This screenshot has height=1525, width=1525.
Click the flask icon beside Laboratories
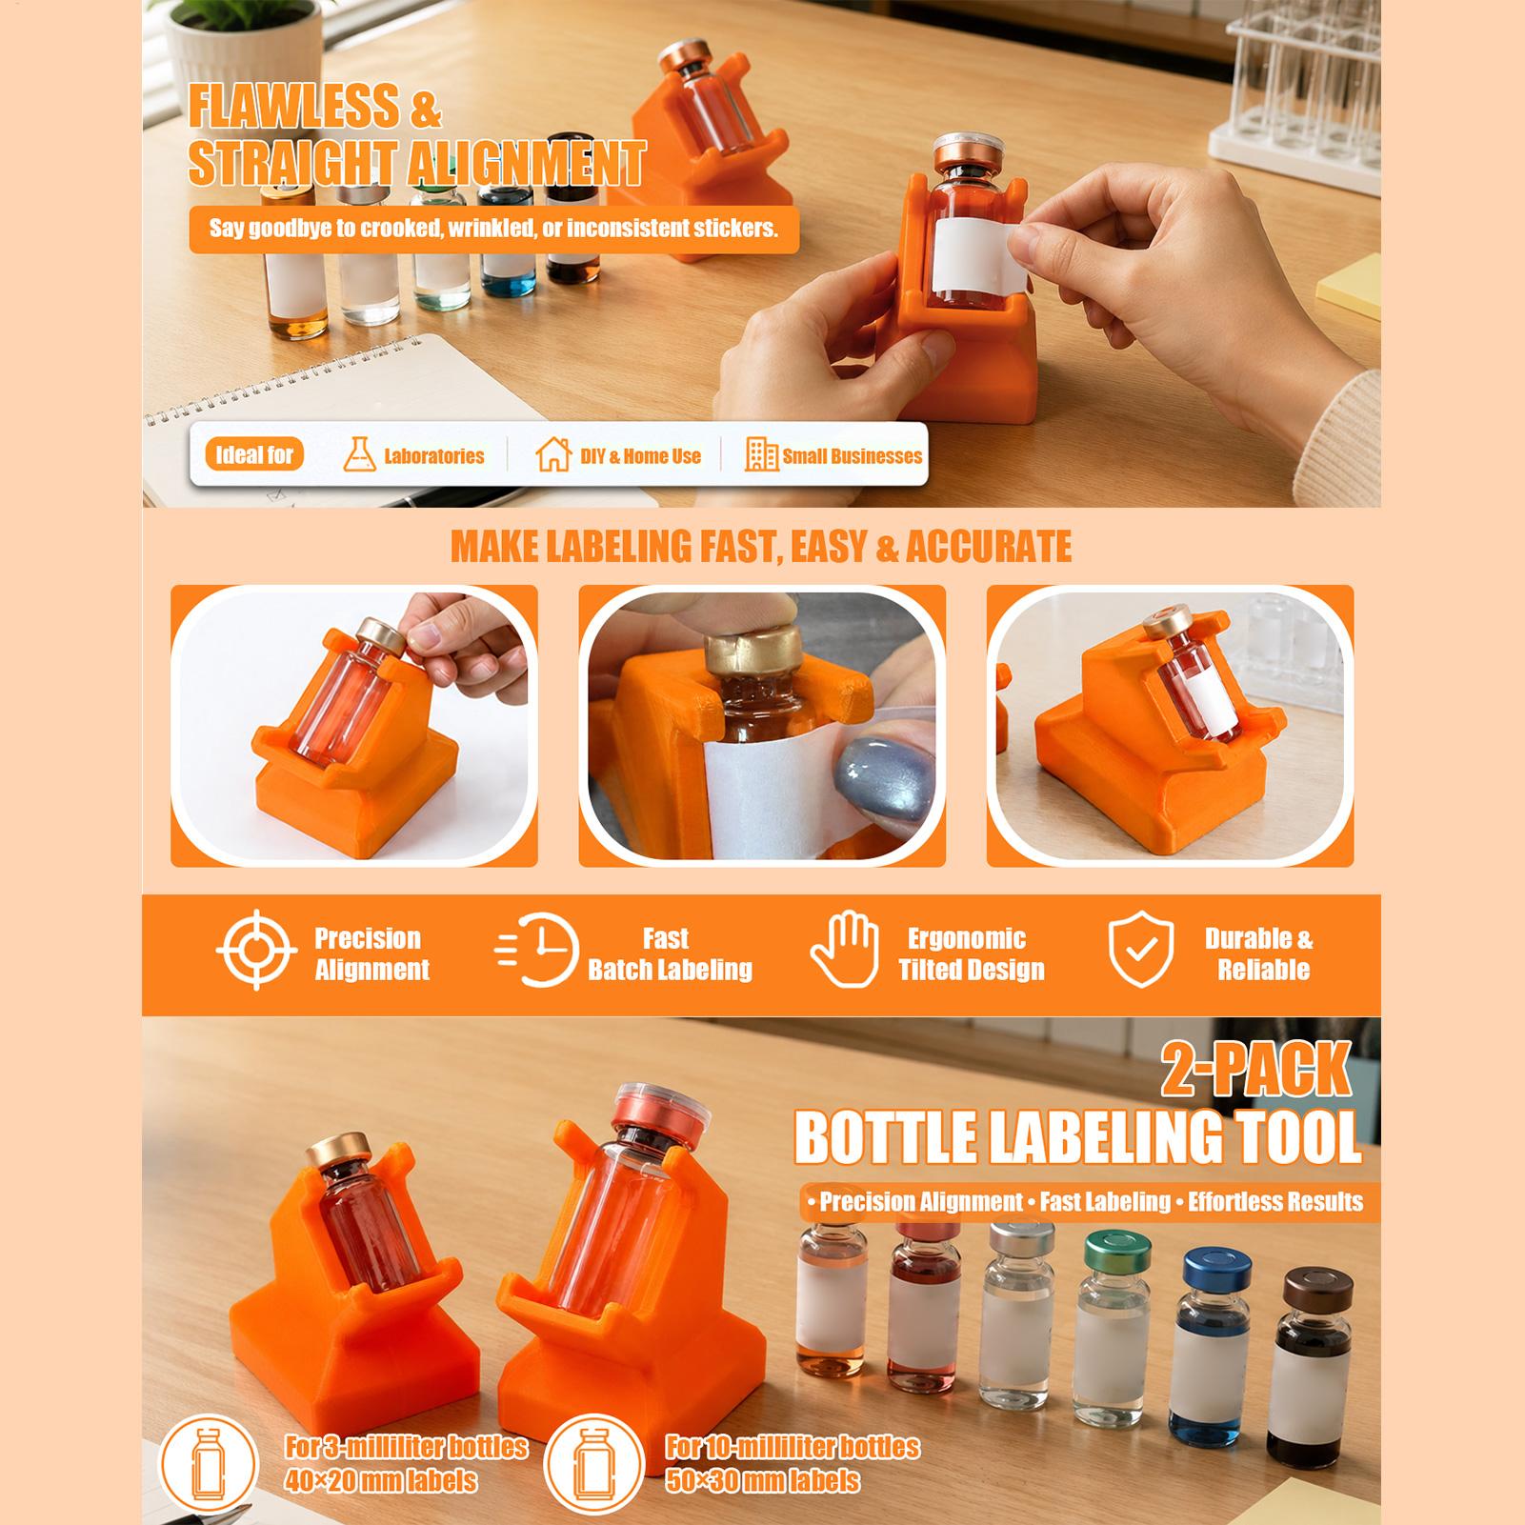click(x=358, y=455)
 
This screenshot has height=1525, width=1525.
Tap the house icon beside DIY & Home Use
click(x=552, y=455)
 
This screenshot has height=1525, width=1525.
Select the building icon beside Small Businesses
click(x=761, y=455)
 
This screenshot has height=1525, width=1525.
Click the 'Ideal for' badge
click(x=254, y=455)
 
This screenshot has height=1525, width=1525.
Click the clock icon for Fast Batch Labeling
click(x=538, y=951)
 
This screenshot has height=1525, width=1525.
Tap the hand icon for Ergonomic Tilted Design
click(x=844, y=950)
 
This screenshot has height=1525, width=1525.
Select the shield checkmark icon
click(x=1140, y=950)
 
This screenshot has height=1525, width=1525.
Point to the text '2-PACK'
click(x=1255, y=1068)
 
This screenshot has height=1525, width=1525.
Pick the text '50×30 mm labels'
click(x=763, y=1481)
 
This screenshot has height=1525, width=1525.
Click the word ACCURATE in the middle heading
click(x=989, y=547)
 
